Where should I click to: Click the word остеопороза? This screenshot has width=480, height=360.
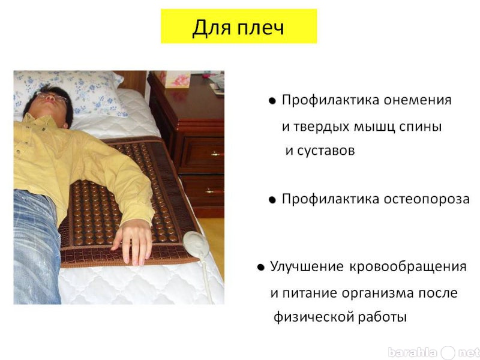click(427, 199)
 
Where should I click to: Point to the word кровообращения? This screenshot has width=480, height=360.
click(408, 267)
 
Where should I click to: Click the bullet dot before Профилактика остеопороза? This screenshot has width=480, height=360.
click(272, 200)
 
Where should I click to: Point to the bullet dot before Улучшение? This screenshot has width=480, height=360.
click(261, 268)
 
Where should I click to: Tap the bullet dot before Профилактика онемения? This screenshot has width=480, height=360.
click(272, 101)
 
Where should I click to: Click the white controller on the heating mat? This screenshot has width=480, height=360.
click(196, 244)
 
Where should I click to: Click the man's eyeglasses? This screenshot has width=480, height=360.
click(52, 97)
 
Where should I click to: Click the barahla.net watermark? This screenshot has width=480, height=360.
click(433, 353)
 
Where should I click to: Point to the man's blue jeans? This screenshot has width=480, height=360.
click(36, 247)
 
